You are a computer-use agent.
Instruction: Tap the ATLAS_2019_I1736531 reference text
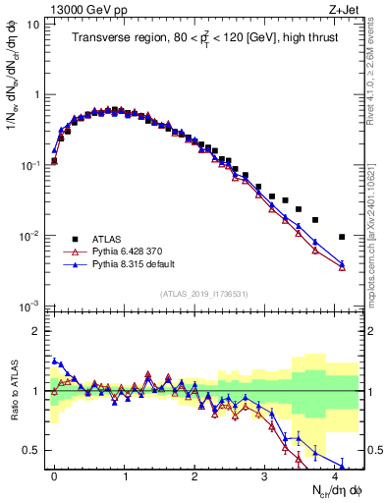202,294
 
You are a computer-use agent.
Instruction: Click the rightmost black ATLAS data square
342,237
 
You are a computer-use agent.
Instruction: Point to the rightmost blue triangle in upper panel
342,263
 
